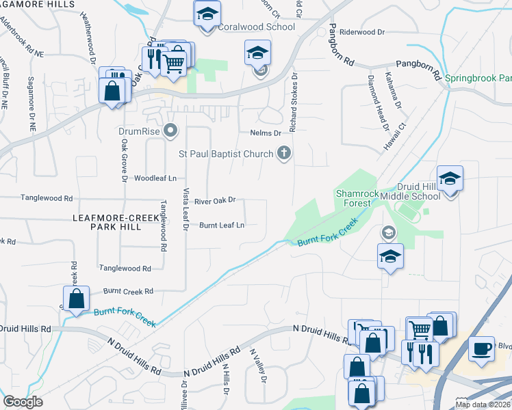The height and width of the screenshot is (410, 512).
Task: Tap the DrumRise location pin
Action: click(171, 130)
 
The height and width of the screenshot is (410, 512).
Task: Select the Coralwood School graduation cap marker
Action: click(206, 14)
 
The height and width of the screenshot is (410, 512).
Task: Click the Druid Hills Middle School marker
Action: click(449, 179)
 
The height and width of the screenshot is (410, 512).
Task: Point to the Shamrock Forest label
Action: click(357, 198)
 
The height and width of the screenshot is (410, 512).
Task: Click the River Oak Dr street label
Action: click(215, 201)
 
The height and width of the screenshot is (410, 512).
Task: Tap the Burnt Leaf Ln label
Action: click(222, 225)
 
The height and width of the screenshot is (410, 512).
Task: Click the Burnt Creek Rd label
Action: click(129, 291)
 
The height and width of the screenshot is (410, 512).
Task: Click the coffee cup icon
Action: click(482, 348)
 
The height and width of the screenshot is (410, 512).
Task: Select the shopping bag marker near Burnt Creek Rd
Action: click(76, 298)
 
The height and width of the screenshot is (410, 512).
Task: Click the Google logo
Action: click(23, 402)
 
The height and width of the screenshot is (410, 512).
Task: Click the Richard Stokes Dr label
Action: click(294, 102)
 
